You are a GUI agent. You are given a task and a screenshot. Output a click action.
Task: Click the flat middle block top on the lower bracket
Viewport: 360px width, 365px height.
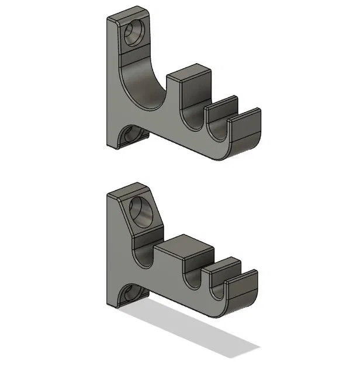coord(184,248)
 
